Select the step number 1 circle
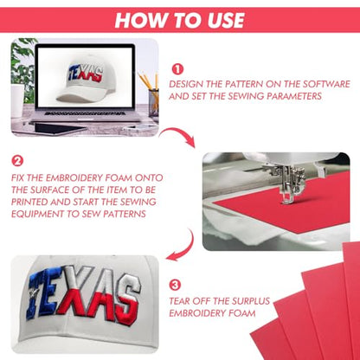pyautogui.click(x=177, y=69)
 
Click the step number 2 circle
pyautogui.click(x=17, y=161)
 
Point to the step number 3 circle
pyautogui.click(x=175, y=285)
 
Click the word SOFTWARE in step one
pyautogui.click(x=326, y=84)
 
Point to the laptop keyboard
pyautogui.click(x=86, y=113)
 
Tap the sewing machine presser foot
pyautogui.click(x=287, y=199)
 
